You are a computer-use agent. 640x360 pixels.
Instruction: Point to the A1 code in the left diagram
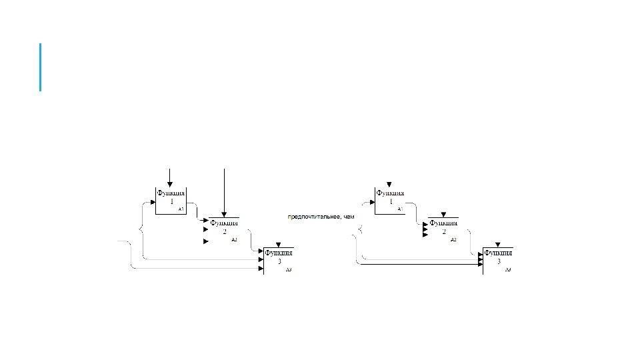tap(181, 209)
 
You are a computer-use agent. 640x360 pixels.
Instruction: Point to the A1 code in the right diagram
tap(400, 209)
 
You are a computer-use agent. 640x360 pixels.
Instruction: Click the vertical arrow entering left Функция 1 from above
tap(170, 176)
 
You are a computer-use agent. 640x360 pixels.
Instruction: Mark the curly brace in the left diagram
tap(141, 230)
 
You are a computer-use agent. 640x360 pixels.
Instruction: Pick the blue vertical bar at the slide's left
tap(40, 67)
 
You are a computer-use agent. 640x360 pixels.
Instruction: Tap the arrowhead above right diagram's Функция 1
tap(389, 183)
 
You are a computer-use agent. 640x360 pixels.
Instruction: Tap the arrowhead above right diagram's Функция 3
tap(498, 245)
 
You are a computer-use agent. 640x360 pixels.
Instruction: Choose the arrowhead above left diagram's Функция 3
tap(278, 245)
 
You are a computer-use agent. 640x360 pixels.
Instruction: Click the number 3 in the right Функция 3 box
tap(498, 262)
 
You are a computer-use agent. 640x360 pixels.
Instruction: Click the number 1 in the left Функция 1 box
tap(171, 201)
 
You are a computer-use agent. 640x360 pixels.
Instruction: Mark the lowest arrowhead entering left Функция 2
tap(205, 241)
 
